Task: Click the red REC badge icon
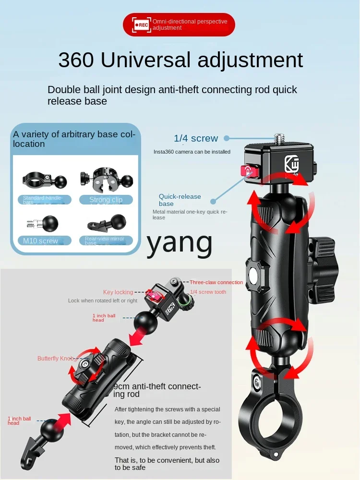tap(142, 24)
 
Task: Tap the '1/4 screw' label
tap(196, 138)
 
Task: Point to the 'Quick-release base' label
tap(180, 200)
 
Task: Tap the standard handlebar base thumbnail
tap(45, 180)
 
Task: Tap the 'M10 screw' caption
tap(41, 240)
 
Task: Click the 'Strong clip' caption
tap(106, 200)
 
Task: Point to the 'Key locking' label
tap(118, 292)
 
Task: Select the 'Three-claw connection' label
tap(216, 282)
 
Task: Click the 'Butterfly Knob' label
tap(56, 359)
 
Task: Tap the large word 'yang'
tap(180, 243)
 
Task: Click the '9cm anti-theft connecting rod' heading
tap(157, 390)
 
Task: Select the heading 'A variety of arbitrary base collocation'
tap(74, 139)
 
